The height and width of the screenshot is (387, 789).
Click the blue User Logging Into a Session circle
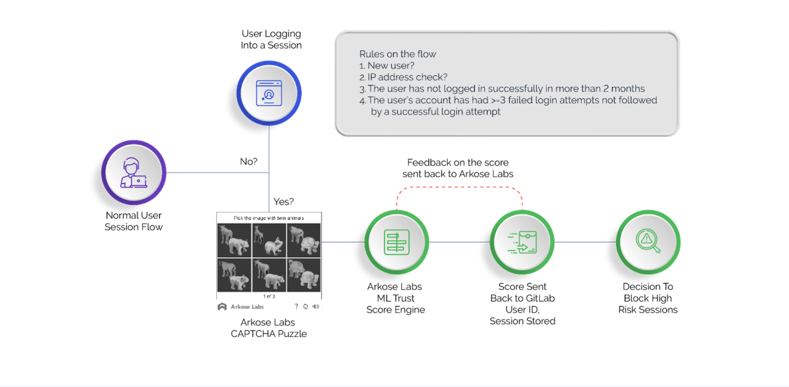click(x=269, y=93)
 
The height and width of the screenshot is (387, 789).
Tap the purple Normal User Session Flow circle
click(x=134, y=172)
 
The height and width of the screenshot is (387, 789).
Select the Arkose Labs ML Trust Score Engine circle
click(x=397, y=242)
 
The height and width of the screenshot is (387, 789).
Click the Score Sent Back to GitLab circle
click(x=522, y=242)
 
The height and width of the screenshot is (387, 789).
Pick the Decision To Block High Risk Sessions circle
click(x=648, y=242)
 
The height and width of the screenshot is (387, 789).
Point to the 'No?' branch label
click(x=248, y=162)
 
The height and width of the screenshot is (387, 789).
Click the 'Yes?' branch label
click(x=283, y=202)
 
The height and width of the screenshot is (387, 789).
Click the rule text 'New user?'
click(x=391, y=66)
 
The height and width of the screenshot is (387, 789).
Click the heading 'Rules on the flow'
click(x=398, y=54)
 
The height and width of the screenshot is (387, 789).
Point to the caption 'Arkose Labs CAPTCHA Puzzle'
click(x=268, y=328)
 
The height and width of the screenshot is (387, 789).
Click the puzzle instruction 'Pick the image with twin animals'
click(x=269, y=218)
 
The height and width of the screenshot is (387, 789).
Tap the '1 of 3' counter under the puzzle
click(x=269, y=296)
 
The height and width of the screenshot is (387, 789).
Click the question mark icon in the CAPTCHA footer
click(x=296, y=306)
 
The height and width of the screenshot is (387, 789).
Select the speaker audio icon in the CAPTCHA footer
click(x=316, y=306)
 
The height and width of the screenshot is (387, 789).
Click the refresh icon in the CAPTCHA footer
click(x=306, y=306)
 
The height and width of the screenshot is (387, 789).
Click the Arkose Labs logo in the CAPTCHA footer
click(x=222, y=307)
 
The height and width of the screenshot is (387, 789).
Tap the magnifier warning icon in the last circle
click(x=647, y=240)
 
